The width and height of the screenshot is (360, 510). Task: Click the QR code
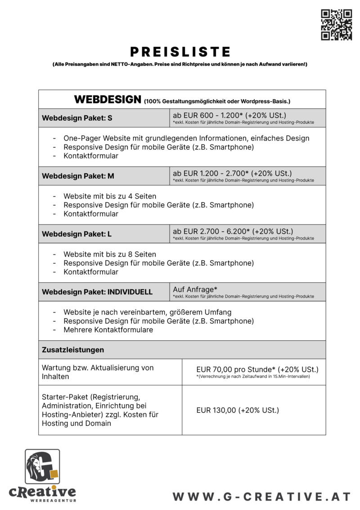336,25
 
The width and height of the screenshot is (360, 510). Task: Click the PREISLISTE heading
180,52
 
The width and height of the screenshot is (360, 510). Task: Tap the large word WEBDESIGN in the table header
108,99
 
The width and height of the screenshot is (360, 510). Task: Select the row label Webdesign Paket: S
77,118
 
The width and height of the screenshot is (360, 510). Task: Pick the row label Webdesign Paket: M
78,176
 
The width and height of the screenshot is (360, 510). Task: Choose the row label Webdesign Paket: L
76,234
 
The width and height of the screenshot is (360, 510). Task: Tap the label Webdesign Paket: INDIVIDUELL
97,292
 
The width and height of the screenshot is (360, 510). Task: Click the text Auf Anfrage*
192,289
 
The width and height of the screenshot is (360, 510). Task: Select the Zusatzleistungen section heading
73,350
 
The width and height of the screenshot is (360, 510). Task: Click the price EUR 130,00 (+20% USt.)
238,410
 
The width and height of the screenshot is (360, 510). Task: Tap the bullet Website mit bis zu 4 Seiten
110,196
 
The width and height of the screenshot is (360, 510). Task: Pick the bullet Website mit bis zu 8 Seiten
110,254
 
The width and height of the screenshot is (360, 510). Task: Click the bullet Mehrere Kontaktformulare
108,330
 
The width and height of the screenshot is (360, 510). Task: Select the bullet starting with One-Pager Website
186,138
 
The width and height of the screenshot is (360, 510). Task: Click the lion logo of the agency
42,466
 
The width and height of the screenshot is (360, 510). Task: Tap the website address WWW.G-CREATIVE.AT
261,497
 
